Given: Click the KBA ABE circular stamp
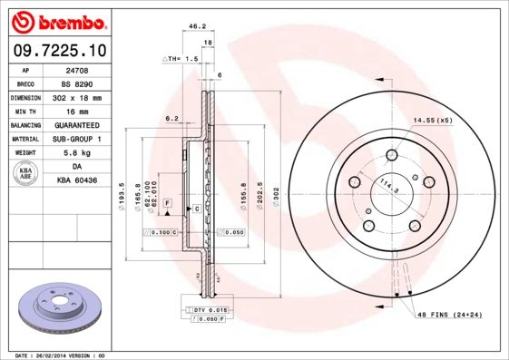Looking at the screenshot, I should (26, 174).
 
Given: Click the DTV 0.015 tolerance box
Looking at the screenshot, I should (208, 310).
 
